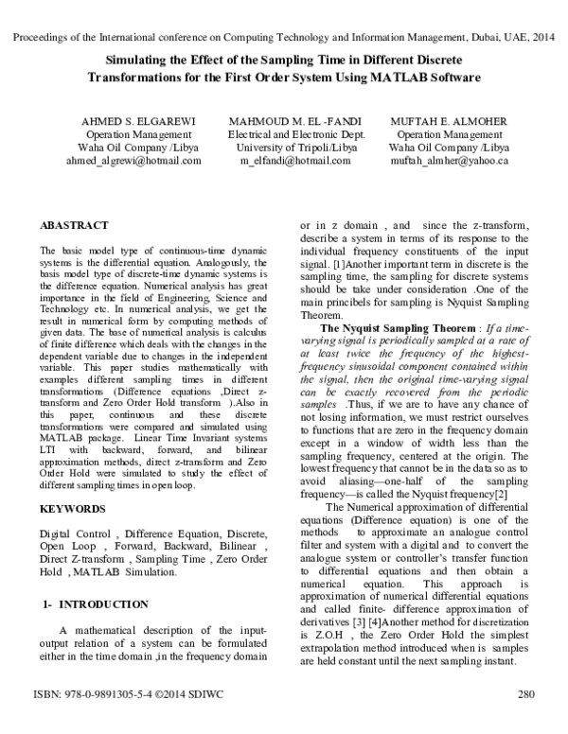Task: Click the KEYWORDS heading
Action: click(72, 509)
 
